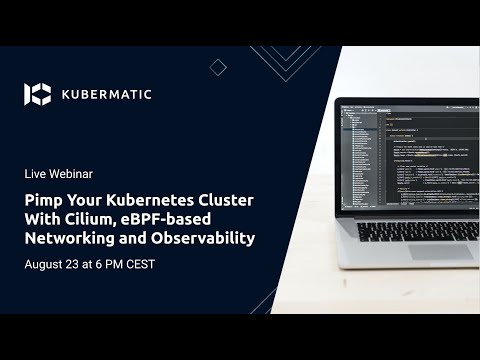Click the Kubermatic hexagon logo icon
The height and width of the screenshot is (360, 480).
[x=37, y=94]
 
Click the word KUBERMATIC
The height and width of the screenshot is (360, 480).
[x=106, y=94]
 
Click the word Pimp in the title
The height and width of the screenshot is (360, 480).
[x=43, y=201]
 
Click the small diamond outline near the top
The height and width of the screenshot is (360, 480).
[x=218, y=67]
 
